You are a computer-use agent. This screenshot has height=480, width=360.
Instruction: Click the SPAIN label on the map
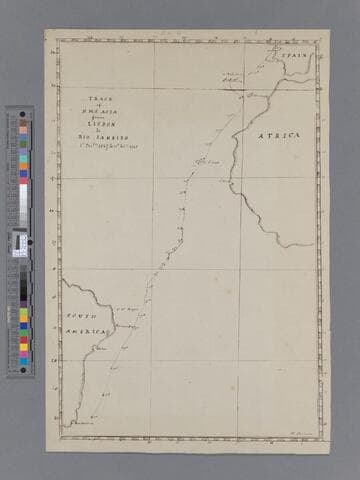pos(293,58)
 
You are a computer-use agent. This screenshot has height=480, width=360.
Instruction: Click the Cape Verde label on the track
pos(205,161)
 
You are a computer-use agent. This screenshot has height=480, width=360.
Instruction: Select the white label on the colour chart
pos(20,243)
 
